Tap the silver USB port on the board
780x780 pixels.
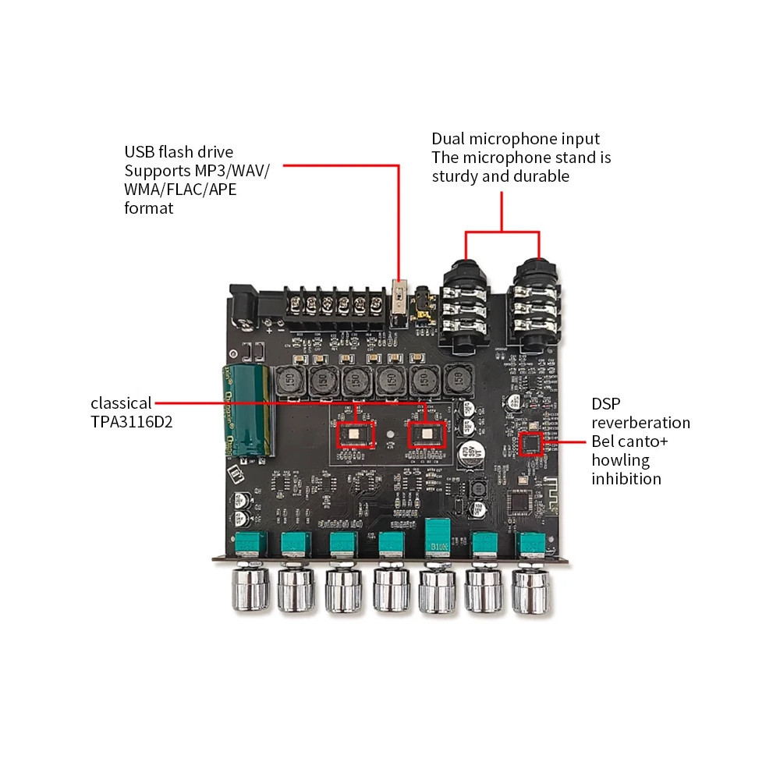coord(400,300)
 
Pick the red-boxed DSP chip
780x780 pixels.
coord(532,444)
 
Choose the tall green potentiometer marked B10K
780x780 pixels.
coord(437,537)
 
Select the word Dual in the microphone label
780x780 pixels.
coord(449,139)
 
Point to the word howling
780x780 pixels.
coord(621,460)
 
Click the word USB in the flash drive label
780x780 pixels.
coord(139,152)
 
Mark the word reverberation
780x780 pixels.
coord(640,423)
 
